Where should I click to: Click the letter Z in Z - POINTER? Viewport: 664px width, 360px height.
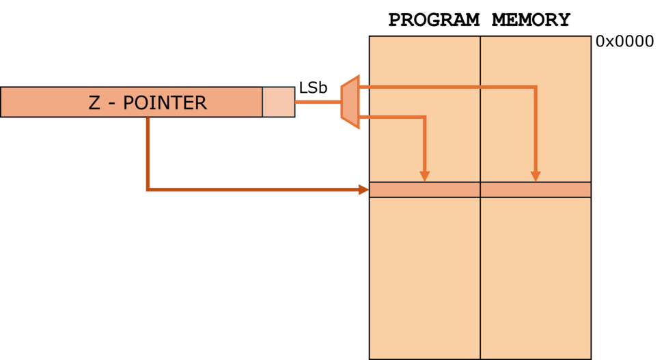(94, 103)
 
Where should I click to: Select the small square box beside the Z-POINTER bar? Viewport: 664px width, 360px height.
(279, 102)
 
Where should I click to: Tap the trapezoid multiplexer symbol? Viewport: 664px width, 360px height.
(350, 102)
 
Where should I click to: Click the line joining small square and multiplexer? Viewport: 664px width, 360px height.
(318, 102)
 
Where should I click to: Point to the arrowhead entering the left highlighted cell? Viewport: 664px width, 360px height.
(424, 176)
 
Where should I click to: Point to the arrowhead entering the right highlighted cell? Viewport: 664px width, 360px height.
(536, 176)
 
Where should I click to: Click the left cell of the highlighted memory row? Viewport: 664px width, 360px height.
(425, 190)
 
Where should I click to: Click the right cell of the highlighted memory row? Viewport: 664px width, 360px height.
(536, 190)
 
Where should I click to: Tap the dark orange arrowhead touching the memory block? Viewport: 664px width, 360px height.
(363, 190)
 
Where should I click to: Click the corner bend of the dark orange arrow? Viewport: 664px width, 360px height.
(148, 189)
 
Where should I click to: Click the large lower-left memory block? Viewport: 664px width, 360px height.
(425, 277)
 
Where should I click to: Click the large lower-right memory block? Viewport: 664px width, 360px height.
(536, 277)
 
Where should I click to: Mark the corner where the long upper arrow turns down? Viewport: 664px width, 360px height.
(536, 87)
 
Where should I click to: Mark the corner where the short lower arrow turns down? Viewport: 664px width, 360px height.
(424, 117)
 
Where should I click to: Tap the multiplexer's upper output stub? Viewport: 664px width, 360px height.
(365, 87)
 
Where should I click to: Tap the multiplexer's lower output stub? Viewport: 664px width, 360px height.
(365, 117)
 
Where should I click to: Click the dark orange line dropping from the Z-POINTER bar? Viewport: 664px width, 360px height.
(148, 154)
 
